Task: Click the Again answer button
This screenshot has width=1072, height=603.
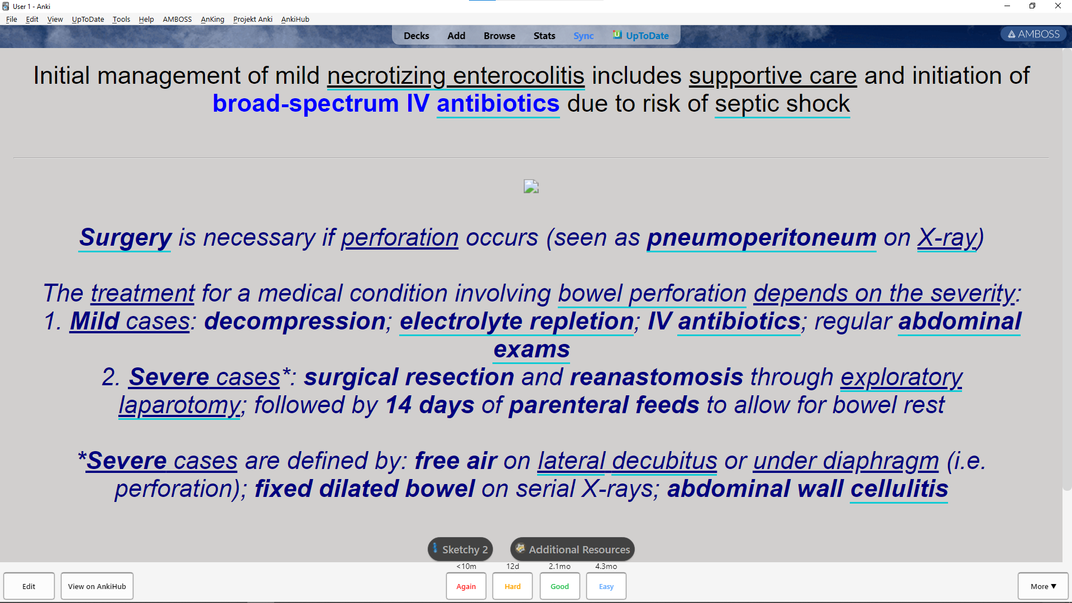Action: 466,586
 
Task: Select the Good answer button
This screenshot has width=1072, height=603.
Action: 559,586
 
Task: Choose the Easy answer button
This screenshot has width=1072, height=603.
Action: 606,586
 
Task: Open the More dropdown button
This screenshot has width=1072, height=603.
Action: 1043,586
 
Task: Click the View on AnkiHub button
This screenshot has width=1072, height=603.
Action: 97,586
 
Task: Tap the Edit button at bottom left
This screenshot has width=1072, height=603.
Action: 29,586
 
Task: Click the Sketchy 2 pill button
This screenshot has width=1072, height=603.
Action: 461,549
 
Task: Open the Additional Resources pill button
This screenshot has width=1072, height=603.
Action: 572,549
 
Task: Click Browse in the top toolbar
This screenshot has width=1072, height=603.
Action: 499,36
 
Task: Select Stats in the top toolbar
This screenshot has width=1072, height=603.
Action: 544,36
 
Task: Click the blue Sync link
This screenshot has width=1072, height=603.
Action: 583,36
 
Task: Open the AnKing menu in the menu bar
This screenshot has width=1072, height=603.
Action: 212,19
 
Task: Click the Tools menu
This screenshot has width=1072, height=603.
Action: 121,19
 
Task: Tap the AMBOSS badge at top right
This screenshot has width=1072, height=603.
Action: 1033,34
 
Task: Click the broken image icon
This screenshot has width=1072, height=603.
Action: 531,186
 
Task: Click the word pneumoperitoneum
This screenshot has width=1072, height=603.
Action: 762,238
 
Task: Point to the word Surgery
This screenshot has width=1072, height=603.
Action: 125,238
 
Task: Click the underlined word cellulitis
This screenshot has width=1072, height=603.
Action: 899,489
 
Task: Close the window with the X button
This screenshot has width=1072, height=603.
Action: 1058,6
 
